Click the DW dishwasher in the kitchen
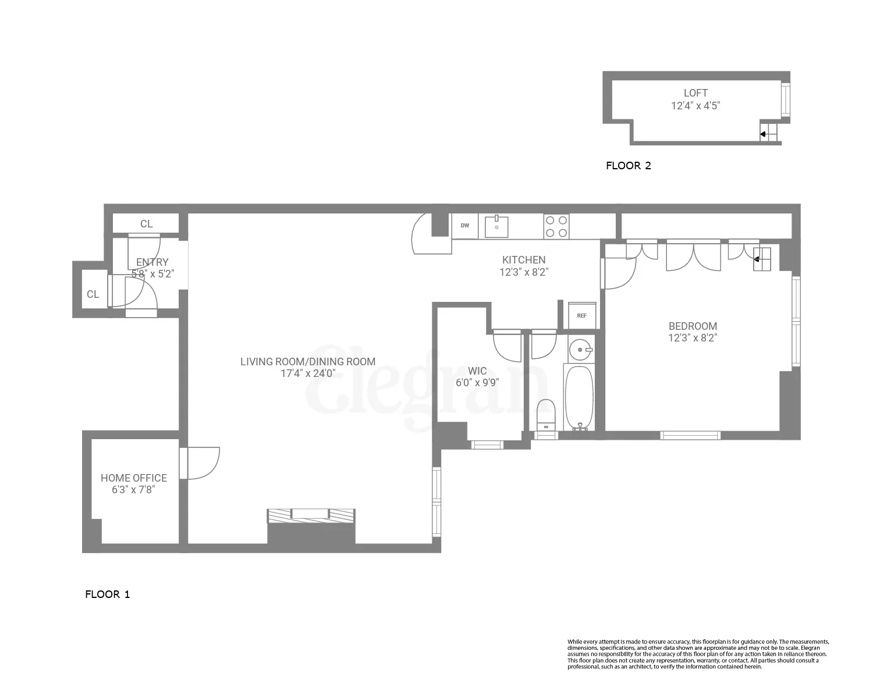pyautogui.click(x=464, y=226)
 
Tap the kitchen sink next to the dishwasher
pyautogui.click(x=496, y=227)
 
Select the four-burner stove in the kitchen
pyautogui.click(x=556, y=226)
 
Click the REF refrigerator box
pyautogui.click(x=582, y=315)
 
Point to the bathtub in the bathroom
pyautogui.click(x=579, y=397)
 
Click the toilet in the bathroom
pyautogui.click(x=546, y=414)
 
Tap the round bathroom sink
pyautogui.click(x=580, y=350)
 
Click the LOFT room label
pyautogui.click(x=695, y=93)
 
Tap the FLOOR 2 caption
pyautogui.click(x=629, y=166)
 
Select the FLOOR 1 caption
pyautogui.click(x=108, y=594)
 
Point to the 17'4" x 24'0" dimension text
pyautogui.click(x=308, y=373)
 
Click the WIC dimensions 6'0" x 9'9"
pyautogui.click(x=477, y=383)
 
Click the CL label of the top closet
pyautogui.click(x=146, y=224)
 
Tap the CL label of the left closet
pyautogui.click(x=93, y=294)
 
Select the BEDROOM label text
pyautogui.click(x=693, y=326)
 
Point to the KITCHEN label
pyautogui.click(x=524, y=260)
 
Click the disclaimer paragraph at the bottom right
pyautogui.click(x=698, y=654)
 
